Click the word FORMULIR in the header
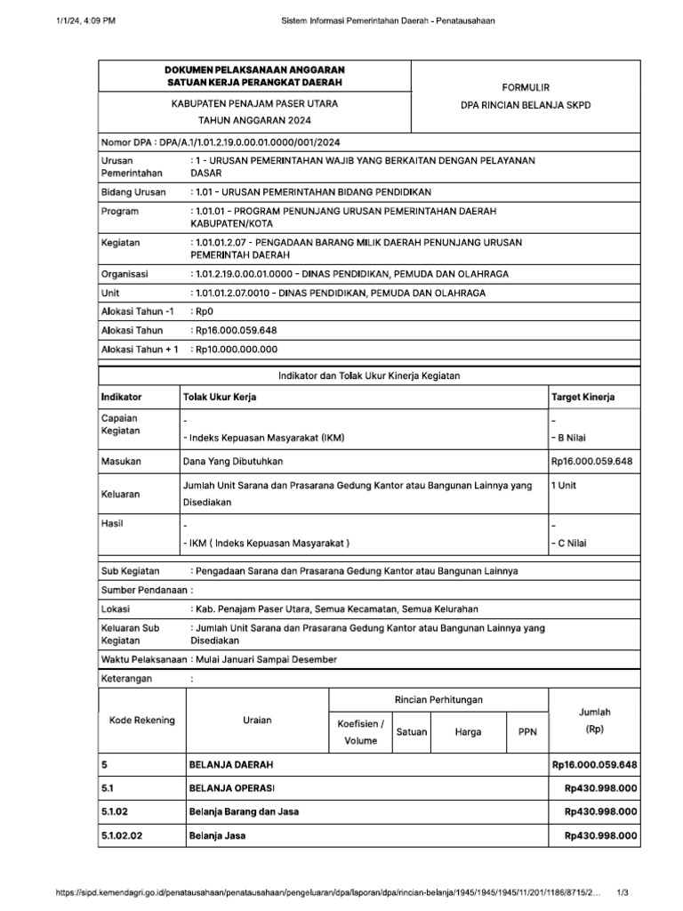[525, 87]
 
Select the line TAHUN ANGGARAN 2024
[254, 120]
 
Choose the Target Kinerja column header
[583, 397]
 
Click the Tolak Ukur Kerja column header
[220, 397]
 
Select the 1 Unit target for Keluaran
[565, 486]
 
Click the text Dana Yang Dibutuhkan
[233, 461]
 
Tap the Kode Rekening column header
[142, 720]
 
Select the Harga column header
[468, 732]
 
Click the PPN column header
[527, 732]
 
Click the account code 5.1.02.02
[123, 835]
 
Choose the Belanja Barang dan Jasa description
[244, 811]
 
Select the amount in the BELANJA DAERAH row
[594, 764]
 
